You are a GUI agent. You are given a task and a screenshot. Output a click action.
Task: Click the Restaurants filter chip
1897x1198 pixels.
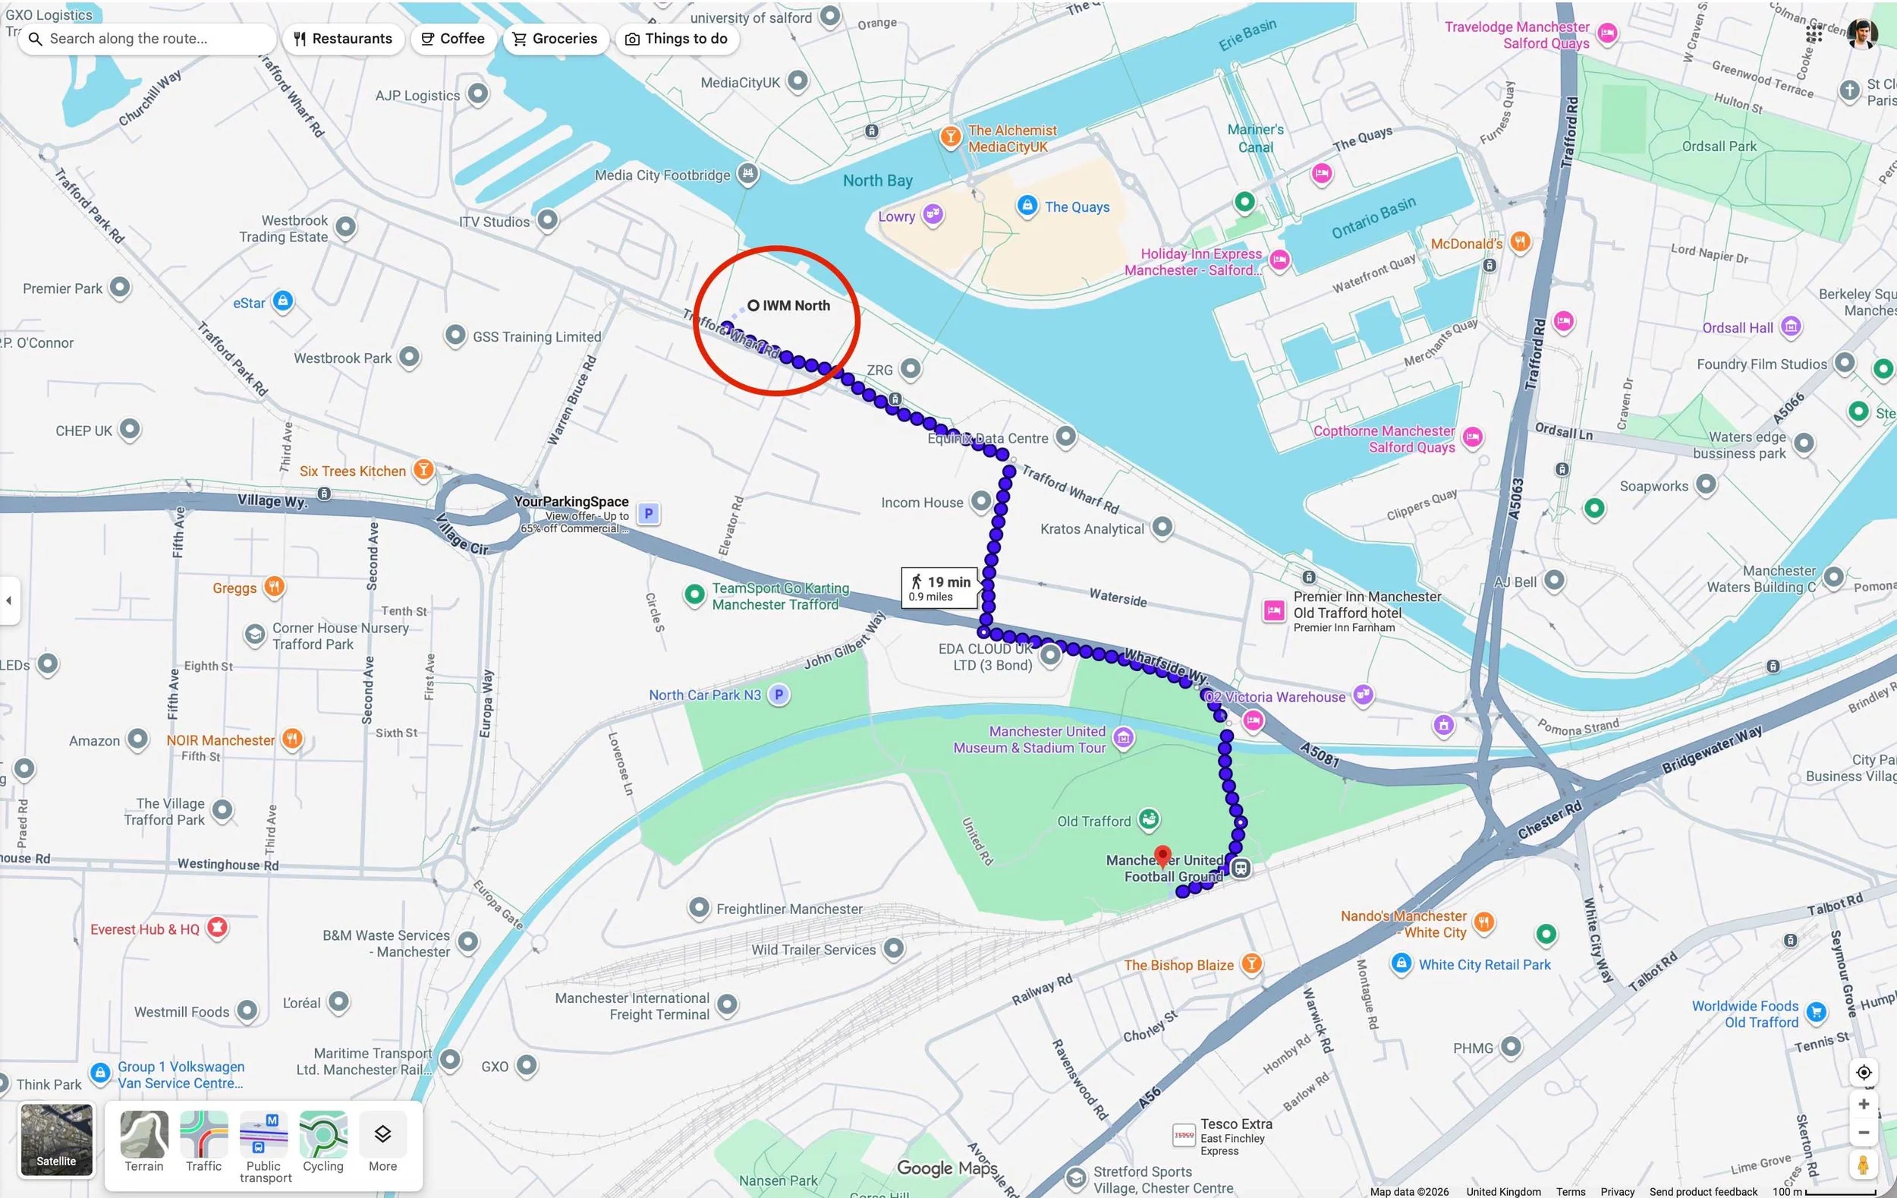click(343, 39)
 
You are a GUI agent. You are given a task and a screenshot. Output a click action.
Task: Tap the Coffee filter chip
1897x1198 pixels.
click(452, 39)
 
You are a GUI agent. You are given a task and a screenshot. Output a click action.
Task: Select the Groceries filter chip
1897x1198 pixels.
click(555, 39)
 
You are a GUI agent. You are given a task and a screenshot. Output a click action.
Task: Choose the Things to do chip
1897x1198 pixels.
click(677, 39)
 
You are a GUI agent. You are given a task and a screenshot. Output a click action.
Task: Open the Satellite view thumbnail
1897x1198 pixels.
click(56, 1140)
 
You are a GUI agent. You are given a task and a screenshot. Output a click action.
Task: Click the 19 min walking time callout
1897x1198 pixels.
click(941, 588)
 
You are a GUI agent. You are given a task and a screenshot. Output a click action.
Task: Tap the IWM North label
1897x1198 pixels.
click(795, 306)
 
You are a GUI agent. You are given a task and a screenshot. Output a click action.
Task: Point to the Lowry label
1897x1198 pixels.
click(896, 216)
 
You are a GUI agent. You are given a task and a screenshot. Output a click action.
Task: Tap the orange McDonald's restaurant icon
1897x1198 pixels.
click(1521, 242)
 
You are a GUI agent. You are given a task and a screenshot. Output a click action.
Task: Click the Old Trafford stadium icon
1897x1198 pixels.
click(1149, 821)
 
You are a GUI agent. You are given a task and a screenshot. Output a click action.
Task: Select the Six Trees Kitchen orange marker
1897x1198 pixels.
click(424, 471)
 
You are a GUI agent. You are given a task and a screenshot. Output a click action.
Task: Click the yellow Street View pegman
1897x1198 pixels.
click(1863, 1165)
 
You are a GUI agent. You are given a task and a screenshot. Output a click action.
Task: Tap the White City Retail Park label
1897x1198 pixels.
click(1484, 965)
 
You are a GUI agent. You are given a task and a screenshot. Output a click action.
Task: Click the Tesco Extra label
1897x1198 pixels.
click(1235, 1124)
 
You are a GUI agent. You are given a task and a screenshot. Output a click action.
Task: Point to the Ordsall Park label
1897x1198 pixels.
click(1719, 147)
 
